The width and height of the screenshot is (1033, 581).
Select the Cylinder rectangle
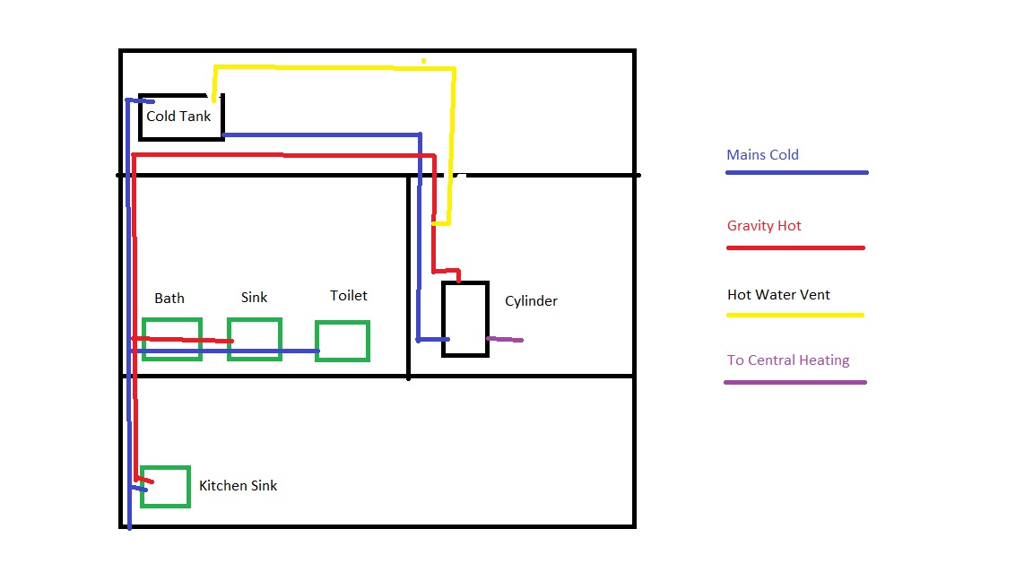[443, 319]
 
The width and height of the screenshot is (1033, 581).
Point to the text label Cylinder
[531, 301]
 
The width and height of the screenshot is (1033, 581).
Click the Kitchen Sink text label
[238, 485]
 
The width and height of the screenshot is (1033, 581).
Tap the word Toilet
[349, 296]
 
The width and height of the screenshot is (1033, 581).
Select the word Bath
[169, 299]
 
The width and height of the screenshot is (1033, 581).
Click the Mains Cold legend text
[762, 155]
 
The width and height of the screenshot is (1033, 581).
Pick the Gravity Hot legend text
[764, 226]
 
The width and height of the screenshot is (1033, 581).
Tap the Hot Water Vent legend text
[778, 294]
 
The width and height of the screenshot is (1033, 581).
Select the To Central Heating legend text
[788, 360]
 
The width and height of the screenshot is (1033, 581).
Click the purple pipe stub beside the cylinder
[506, 339]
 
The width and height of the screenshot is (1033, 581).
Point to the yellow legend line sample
[794, 315]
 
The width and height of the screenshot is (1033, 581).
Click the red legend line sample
[795, 247]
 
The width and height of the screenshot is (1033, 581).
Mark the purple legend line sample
[795, 382]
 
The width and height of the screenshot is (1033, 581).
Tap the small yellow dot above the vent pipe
[423, 61]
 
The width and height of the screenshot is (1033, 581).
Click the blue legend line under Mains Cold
[797, 172]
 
